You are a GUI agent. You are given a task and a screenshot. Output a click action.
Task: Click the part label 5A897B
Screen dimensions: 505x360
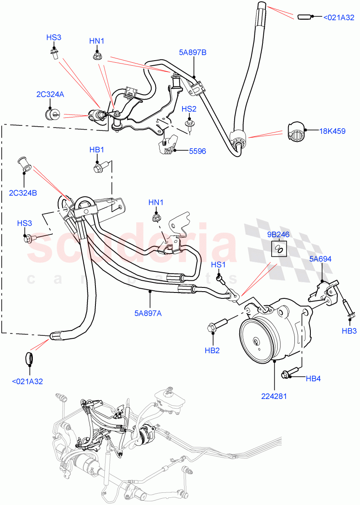pyautogui.click(x=192, y=53)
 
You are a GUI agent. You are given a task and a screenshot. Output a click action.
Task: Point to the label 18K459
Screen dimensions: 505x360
pyautogui.click(x=332, y=131)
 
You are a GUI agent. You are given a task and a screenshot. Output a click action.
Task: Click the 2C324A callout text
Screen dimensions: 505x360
pyautogui.click(x=50, y=95)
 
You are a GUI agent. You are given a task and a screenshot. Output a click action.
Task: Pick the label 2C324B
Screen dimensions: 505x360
pyautogui.click(x=23, y=193)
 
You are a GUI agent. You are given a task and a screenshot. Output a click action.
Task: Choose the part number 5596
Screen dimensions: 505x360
pyautogui.click(x=197, y=151)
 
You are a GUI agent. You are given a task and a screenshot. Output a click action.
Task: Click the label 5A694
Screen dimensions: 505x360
pyautogui.click(x=320, y=259)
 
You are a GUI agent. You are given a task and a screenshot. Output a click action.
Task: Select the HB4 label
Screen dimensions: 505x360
pyautogui.click(x=313, y=379)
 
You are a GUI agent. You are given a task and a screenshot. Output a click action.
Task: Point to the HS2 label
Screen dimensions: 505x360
pyautogui.click(x=189, y=109)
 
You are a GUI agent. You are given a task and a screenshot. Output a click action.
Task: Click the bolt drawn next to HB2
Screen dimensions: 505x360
pyautogui.click(x=216, y=324)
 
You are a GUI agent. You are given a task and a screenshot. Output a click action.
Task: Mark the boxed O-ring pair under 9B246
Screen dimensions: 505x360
pyautogui.click(x=278, y=248)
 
